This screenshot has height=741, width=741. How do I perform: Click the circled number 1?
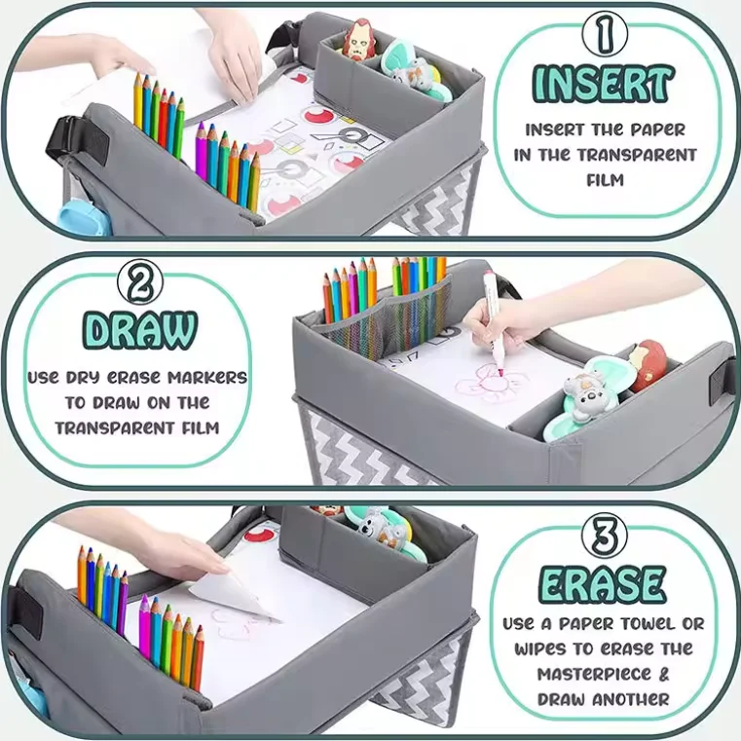pos(605,35)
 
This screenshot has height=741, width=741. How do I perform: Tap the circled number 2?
pos(140,284)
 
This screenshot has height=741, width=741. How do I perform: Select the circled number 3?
pos(603,536)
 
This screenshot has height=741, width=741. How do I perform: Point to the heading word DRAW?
pos(139,331)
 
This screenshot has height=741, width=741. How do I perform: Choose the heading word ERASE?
pos(603,584)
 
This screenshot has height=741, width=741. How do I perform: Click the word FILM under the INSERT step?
pos(605,179)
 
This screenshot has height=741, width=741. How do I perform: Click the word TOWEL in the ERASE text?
pos(641,623)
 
